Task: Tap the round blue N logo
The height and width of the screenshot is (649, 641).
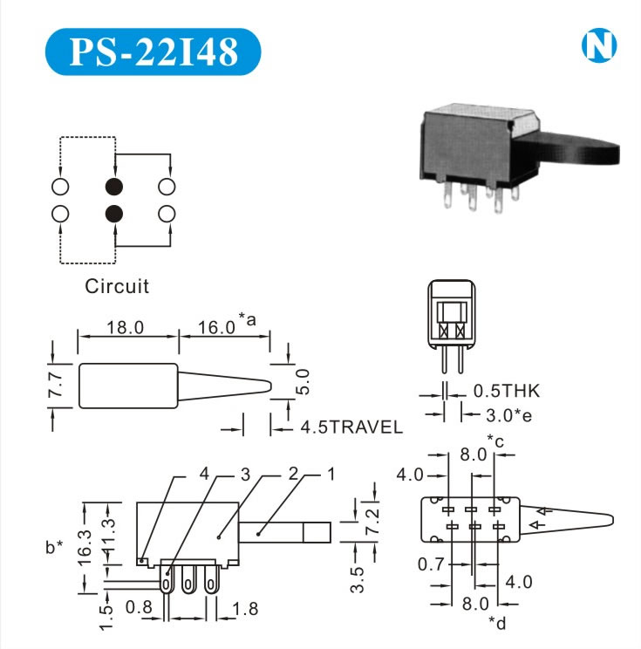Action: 597,47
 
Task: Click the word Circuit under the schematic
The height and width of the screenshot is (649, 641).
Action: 117,285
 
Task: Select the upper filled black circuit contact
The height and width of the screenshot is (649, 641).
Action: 113,187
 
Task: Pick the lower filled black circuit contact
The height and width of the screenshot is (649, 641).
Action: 113,213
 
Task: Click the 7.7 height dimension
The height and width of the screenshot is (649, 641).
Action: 55,385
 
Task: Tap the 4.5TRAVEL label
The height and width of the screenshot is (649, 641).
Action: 351,427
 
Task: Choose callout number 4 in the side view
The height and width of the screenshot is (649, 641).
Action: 204,474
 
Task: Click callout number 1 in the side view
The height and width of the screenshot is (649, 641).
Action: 331,474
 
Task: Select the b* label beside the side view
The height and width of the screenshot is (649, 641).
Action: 54,547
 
